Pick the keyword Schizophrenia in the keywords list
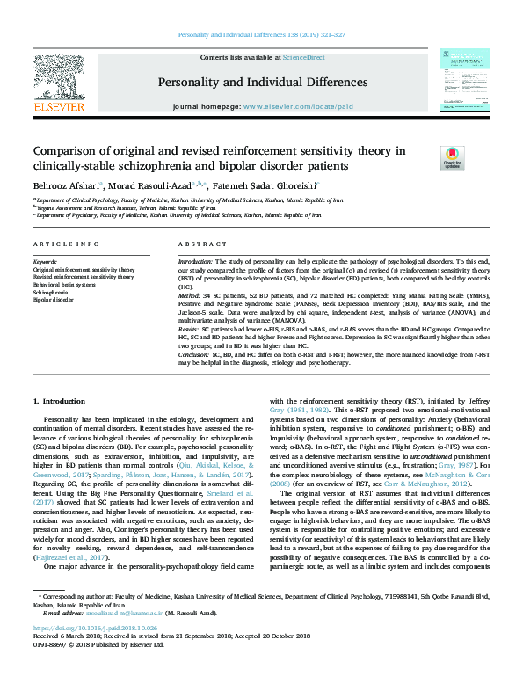[50, 291]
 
